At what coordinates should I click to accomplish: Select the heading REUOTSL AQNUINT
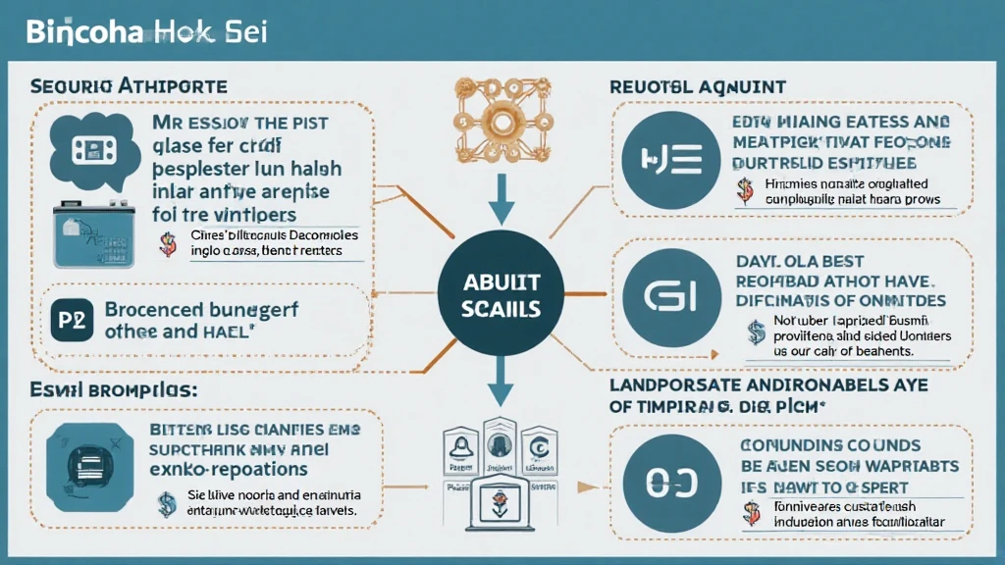coord(697,87)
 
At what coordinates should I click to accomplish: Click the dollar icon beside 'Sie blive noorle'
coord(167,503)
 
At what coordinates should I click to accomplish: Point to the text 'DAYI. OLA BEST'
coord(802,262)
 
